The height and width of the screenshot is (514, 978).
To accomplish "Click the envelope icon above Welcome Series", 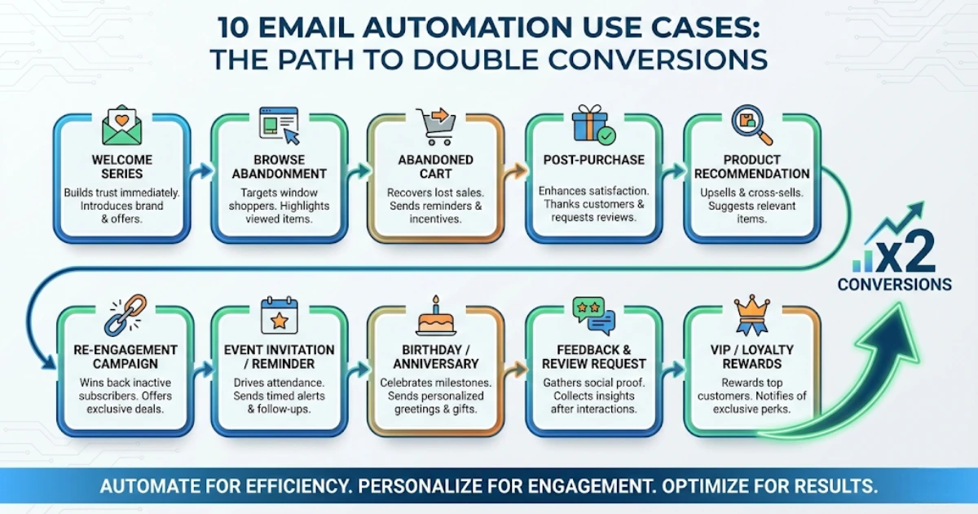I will coord(122,126).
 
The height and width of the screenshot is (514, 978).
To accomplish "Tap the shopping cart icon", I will coord(436,126).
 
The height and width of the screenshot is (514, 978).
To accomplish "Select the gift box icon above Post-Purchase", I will coord(593,125).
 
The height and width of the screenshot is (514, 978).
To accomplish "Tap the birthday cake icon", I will coord(436,316).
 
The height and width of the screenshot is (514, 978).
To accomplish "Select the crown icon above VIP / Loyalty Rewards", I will coord(751,315).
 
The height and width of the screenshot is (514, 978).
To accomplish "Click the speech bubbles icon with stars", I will coord(593,314).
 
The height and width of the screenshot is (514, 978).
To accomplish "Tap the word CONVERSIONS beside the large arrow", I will coord(894,285).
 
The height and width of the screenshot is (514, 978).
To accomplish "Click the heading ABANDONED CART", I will coord(436,166).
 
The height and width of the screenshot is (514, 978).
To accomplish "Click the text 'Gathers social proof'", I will coord(593,383).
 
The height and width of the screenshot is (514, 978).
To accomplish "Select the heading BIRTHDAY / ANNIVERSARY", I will coord(436,357).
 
